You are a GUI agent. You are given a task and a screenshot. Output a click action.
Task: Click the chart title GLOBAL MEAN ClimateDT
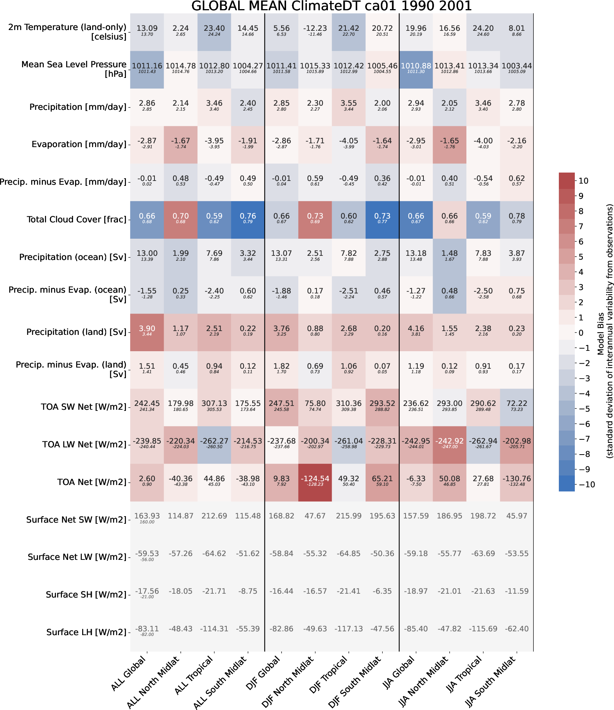pos(331,6)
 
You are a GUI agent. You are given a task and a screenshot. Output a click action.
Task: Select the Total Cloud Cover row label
pos(76,220)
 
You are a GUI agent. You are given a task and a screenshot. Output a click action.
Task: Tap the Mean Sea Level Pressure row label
pos(74,69)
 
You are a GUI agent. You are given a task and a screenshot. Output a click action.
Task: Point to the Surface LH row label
pos(86,632)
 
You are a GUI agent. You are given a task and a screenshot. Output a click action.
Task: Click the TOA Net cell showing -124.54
pos(315,482)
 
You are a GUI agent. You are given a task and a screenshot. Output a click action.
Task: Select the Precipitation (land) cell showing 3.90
pos(147,332)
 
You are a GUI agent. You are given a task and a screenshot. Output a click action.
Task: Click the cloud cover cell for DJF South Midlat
pos(382,220)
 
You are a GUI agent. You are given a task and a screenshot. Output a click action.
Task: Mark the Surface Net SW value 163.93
pos(147,516)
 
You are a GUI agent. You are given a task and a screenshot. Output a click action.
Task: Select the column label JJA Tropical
pos(466,675)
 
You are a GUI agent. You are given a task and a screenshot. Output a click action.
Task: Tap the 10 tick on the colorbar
pos(584,181)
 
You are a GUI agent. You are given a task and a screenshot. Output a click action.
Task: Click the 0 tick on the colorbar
pos(581,333)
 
